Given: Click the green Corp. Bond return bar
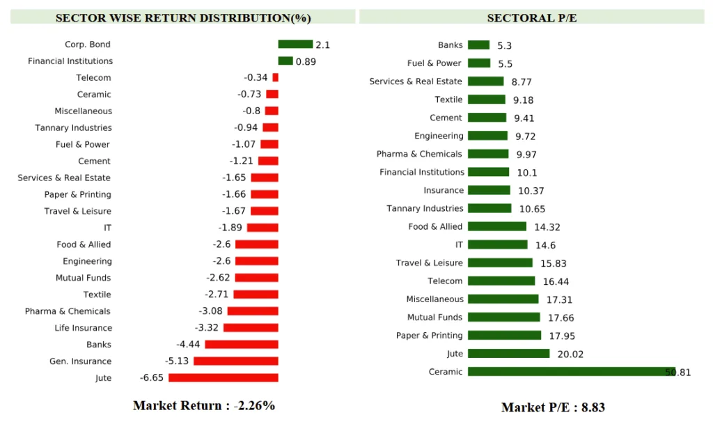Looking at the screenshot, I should (x=295, y=45).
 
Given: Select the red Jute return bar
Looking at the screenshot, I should (x=223, y=378).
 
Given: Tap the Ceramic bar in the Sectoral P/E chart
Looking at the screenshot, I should (x=571, y=372).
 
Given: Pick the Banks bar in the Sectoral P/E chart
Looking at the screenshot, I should (x=478, y=45).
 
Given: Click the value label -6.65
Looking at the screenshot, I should (x=151, y=378).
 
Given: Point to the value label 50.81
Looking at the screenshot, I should (x=678, y=373).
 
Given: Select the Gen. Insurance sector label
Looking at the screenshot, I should (x=80, y=361).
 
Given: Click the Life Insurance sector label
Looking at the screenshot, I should (x=83, y=328).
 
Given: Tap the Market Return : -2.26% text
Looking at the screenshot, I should (x=204, y=406).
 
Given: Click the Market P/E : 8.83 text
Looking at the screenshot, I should (x=553, y=407).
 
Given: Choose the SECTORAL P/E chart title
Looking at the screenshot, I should (x=532, y=17).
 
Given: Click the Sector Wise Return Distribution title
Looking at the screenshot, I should (x=183, y=17).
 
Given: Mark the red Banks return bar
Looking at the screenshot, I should (x=241, y=345).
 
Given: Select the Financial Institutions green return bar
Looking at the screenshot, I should (x=285, y=61).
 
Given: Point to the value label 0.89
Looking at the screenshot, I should (x=306, y=62).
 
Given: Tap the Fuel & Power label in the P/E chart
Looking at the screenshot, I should (x=434, y=63).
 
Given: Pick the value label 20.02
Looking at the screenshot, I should (x=570, y=354).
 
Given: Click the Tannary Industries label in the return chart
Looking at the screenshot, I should (x=73, y=128).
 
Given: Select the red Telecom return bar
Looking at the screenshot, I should (x=275, y=78).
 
